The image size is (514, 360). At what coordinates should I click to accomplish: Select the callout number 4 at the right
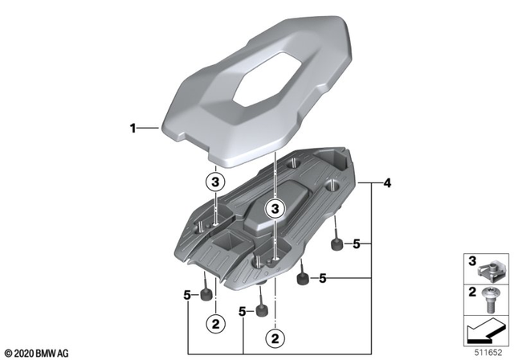[387, 184]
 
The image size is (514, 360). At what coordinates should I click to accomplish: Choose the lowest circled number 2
[275, 336]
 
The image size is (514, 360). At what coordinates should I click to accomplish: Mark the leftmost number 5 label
[187, 295]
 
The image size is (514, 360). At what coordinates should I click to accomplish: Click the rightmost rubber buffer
[337, 243]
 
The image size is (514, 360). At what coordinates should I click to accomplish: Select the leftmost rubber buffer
[207, 294]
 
